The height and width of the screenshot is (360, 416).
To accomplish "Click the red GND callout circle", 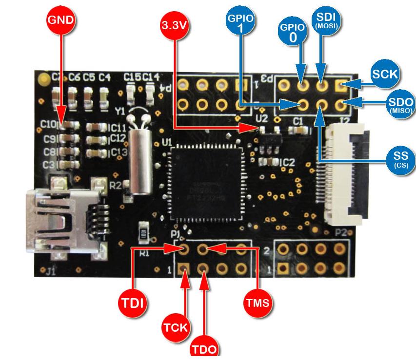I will (61, 20).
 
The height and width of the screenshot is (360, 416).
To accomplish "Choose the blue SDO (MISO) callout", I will (400, 104).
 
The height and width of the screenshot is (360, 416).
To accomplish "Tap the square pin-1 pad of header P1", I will (184, 268).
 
